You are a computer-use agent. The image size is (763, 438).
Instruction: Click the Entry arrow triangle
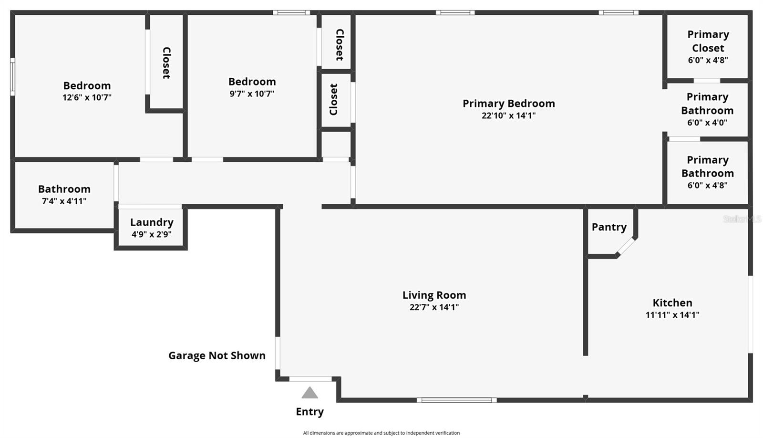309,393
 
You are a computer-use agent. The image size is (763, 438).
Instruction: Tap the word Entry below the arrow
309,411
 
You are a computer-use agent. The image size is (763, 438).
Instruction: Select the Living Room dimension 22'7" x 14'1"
434,307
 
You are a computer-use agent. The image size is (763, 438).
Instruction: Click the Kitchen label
672,302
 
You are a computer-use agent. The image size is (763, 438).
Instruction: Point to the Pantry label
609,227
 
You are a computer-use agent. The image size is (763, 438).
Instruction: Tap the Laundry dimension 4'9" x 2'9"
151,234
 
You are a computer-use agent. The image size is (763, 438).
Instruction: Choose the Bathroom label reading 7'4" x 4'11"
64,189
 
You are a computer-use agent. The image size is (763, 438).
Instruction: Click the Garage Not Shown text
217,355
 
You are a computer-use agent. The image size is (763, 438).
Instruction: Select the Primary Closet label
708,41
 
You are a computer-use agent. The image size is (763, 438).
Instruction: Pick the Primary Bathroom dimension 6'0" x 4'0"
707,123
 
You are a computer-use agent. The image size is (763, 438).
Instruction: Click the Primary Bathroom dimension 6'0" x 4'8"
707,186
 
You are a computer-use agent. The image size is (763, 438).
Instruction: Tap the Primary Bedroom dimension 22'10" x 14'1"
508,115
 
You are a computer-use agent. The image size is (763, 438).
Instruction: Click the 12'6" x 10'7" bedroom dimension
87,97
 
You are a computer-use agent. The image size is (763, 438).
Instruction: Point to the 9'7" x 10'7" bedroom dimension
252,94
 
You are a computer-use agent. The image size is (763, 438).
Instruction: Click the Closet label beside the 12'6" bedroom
166,63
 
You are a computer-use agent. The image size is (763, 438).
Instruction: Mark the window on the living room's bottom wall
456,400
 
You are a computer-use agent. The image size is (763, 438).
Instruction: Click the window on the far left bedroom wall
13,77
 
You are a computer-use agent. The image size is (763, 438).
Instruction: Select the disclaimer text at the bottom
381,433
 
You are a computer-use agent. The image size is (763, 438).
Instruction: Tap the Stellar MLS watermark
742,219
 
